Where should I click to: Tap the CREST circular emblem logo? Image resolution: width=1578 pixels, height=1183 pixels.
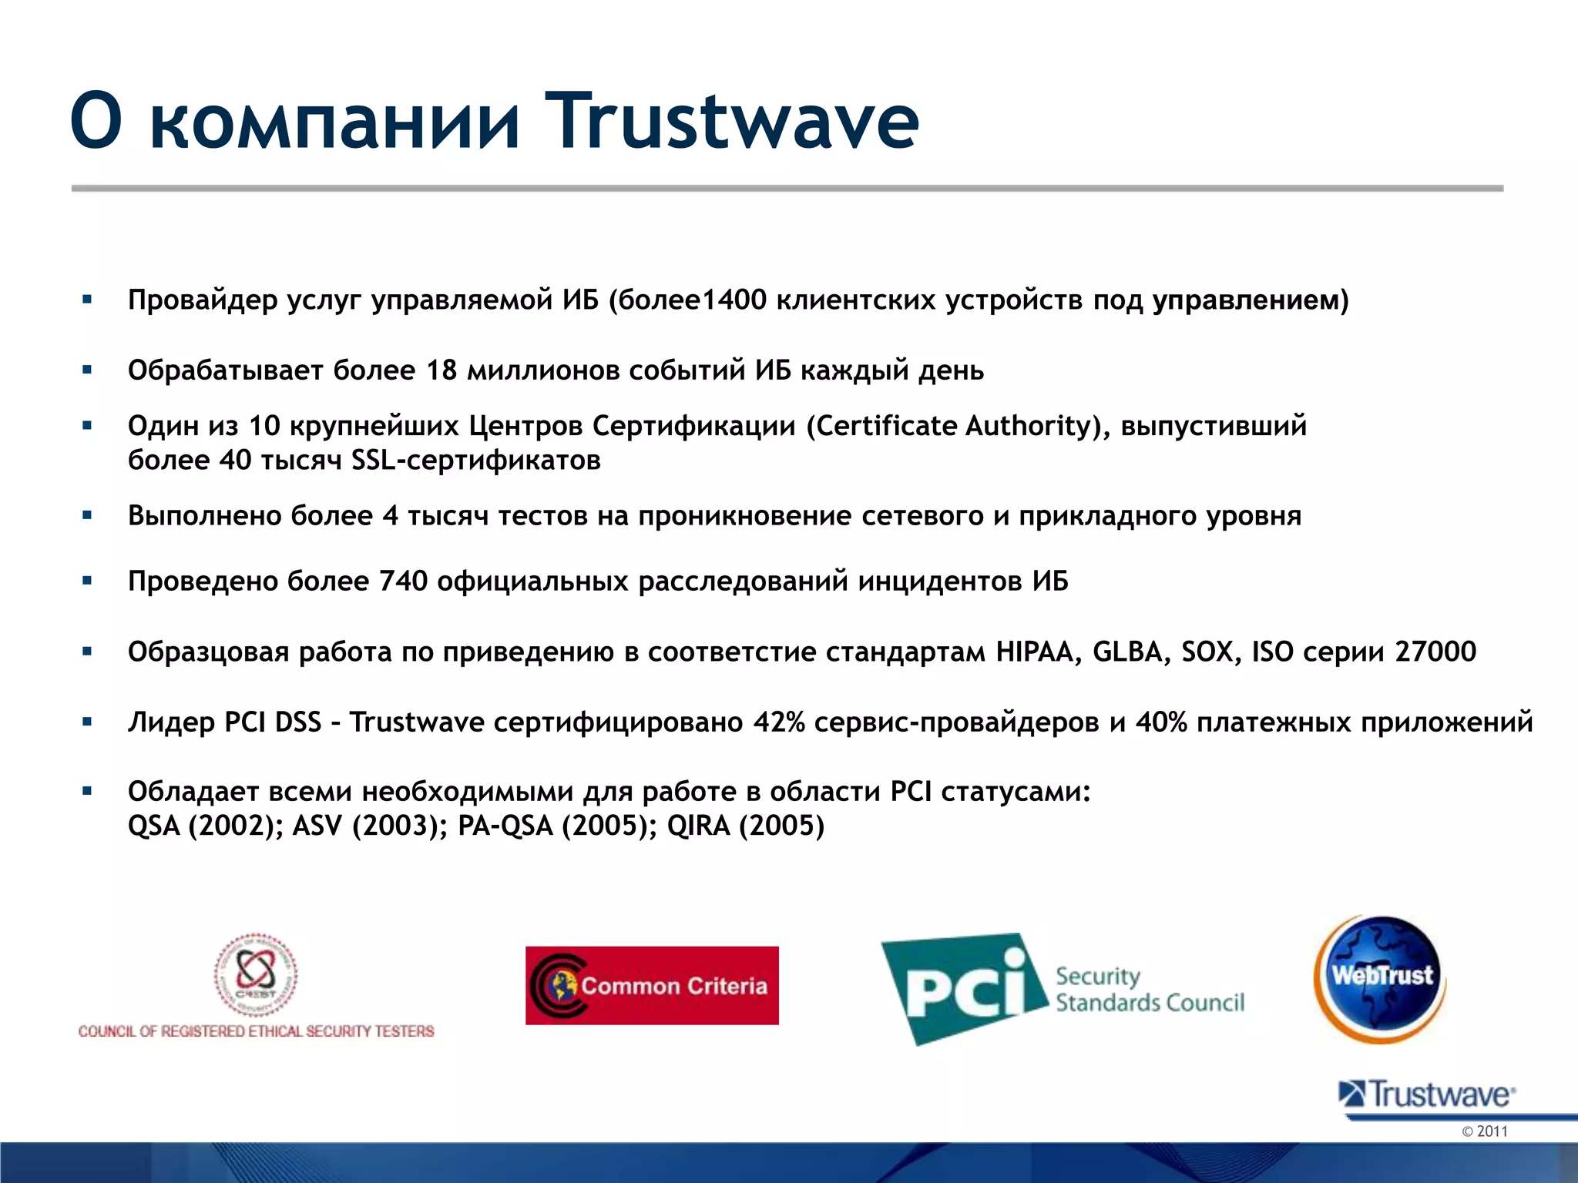256,974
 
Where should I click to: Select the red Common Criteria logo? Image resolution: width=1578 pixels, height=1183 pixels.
652,985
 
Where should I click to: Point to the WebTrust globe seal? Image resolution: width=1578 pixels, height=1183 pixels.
1380,978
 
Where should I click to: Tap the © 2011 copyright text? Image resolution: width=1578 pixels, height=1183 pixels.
1484,1131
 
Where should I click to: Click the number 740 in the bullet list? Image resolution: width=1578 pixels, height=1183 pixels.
403,581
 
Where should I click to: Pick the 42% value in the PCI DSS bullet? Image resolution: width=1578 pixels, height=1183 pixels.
778,722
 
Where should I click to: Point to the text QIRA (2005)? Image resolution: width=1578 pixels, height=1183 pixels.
745,826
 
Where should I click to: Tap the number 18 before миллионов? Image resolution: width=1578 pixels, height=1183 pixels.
442,370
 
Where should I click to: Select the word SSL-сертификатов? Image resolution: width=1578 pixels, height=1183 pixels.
475,460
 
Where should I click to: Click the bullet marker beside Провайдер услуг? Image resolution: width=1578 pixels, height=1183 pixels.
87,300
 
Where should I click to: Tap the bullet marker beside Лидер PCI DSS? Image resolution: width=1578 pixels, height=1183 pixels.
87,722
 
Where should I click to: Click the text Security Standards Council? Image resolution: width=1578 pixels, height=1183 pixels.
1149,990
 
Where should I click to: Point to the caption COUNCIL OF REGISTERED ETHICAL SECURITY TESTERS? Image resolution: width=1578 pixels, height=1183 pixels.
256,1031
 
